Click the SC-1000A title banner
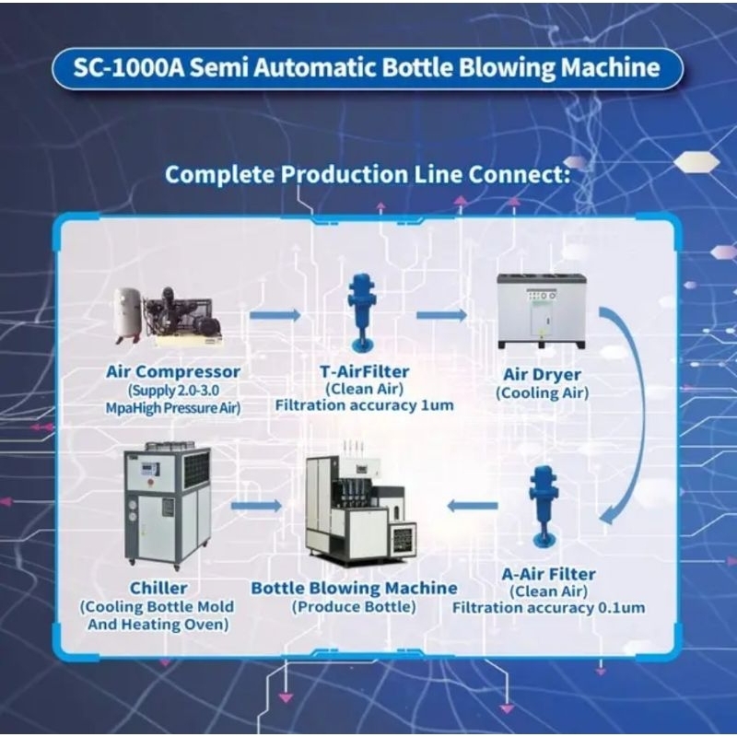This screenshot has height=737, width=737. pos(368,68)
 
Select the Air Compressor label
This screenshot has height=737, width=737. pos(172,372)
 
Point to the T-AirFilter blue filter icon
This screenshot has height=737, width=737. pos(359,311)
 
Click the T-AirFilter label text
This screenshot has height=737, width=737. pos(365,372)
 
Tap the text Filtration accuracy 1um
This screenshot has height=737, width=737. pos(365,405)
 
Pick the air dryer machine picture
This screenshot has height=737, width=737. pos(541,310)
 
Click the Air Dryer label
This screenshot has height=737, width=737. pos(541,375)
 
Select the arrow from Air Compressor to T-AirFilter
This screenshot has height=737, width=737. pos(275,315)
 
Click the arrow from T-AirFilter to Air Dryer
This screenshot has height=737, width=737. pos(441,315)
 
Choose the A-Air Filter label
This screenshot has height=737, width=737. pos(549,575)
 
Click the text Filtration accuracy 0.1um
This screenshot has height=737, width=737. pos(549,608)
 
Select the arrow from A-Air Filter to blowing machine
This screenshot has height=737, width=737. pos(472,506)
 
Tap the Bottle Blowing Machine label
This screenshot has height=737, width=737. pos(355,588)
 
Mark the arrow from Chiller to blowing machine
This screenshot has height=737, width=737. pos(255,506)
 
